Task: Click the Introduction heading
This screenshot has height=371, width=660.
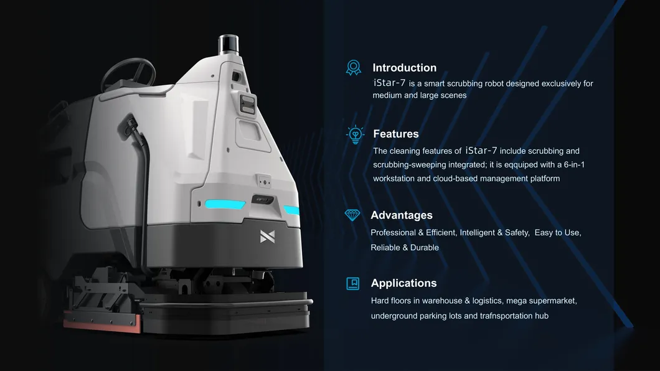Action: (404, 68)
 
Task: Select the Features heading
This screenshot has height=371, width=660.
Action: (395, 134)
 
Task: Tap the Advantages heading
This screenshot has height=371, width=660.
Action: (401, 215)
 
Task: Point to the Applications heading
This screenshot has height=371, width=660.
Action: (403, 283)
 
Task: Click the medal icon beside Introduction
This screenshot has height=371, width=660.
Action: (353, 67)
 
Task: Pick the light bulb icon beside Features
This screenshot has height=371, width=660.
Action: (355, 134)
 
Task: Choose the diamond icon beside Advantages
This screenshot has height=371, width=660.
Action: (352, 215)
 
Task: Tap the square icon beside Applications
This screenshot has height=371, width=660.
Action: (353, 283)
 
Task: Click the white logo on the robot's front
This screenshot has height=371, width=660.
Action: (267, 237)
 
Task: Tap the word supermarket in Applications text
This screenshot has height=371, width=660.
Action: (553, 301)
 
